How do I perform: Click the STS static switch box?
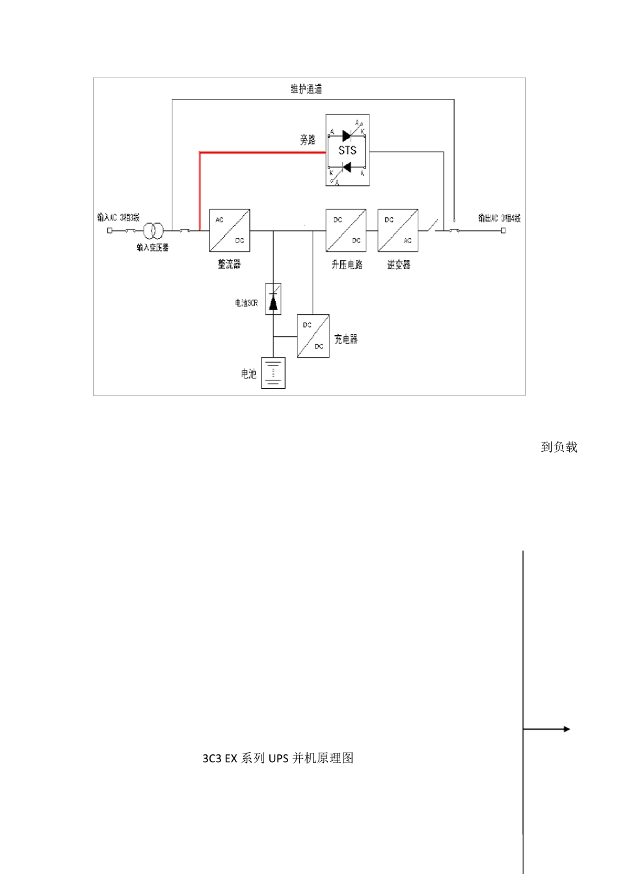coord(347,150)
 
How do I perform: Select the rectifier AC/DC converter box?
coord(230,230)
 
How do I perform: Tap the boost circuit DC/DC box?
coord(346,230)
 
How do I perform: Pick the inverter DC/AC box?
coord(398,230)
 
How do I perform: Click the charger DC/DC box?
coord(313,336)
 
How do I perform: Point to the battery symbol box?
coord(273,373)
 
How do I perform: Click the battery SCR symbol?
coord(273,299)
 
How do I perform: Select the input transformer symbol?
coord(153,230)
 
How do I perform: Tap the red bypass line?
coord(260,153)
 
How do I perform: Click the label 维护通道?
coord(306,89)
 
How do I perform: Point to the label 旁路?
coord(308,140)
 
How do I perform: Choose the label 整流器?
coord(229,264)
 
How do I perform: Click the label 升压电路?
coord(347,265)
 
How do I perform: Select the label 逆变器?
coord(399,265)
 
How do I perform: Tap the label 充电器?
coord(346,339)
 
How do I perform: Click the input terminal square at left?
coord(109,230)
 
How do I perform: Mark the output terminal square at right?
coord(503,230)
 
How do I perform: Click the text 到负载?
coord(559,447)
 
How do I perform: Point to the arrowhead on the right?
coord(567,729)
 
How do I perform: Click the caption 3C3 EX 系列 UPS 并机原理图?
coord(278,758)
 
